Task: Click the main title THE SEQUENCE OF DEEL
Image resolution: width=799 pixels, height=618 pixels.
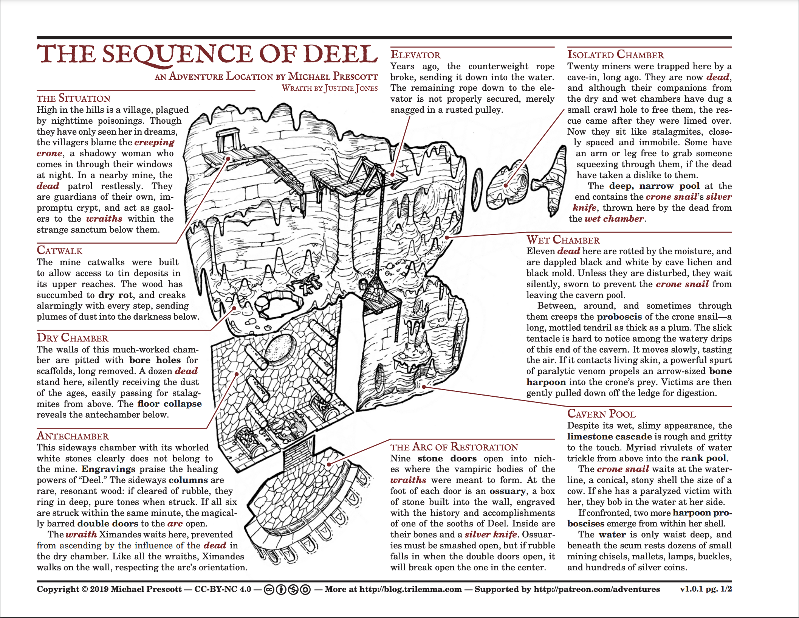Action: click(x=207, y=54)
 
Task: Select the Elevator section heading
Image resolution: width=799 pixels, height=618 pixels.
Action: click(x=415, y=55)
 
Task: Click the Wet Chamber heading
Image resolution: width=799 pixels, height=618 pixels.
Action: click(x=563, y=240)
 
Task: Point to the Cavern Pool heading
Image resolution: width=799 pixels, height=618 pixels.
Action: click(x=601, y=414)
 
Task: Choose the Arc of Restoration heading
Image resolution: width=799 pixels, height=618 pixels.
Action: click(x=454, y=447)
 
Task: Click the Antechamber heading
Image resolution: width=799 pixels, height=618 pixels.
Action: click(x=73, y=436)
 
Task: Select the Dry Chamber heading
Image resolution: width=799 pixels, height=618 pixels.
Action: click(x=72, y=338)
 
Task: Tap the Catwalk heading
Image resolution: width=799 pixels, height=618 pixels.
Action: click(x=59, y=250)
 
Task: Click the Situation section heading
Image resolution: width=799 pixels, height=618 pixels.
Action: click(x=73, y=98)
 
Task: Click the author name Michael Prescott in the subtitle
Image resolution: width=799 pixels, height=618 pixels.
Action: click(x=333, y=76)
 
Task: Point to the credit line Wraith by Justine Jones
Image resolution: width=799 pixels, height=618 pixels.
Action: click(x=329, y=88)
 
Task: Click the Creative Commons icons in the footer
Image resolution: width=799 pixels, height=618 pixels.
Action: click(x=287, y=589)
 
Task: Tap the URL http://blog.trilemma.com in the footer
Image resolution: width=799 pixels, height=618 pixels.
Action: click(x=410, y=589)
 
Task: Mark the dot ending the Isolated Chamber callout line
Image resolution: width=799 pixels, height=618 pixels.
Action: click(x=506, y=185)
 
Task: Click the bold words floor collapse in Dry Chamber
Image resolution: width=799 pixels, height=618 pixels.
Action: click(x=169, y=404)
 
